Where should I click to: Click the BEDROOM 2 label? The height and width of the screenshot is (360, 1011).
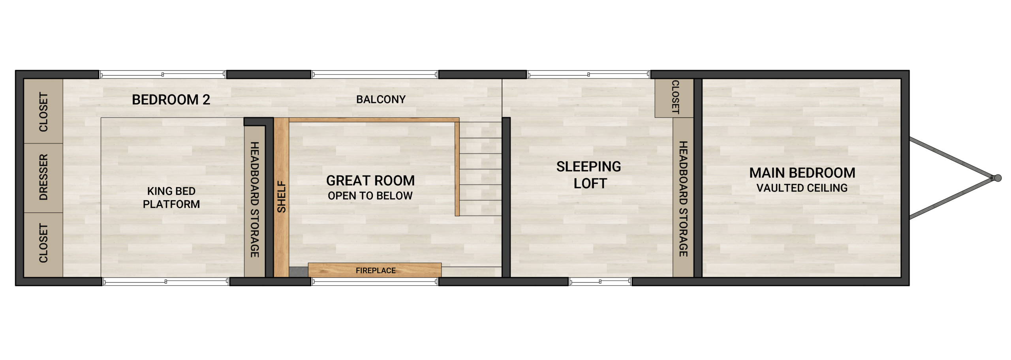click(x=171, y=99)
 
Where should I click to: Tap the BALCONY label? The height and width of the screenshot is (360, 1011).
click(x=381, y=99)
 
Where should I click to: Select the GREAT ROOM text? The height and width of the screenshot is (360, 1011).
click(x=370, y=181)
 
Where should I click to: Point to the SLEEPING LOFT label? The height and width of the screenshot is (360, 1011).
click(x=589, y=175)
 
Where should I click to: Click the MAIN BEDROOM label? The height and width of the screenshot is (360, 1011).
click(x=802, y=173)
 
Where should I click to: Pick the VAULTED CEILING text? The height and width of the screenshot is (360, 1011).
click(x=802, y=188)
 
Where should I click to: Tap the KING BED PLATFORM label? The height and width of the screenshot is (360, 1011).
click(x=171, y=197)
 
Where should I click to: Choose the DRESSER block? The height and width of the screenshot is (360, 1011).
click(x=43, y=178)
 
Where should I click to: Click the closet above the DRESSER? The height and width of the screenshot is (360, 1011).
click(x=43, y=111)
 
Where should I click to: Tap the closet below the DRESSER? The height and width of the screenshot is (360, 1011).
click(x=43, y=244)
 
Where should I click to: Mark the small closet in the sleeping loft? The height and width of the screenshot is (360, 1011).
click(x=674, y=98)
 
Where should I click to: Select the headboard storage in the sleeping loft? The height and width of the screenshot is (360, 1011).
click(x=683, y=197)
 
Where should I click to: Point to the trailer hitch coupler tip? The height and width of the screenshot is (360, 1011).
click(x=998, y=178)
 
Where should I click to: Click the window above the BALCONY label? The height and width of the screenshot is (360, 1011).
click(x=374, y=74)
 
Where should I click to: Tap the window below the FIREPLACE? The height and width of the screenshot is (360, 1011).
click(x=374, y=281)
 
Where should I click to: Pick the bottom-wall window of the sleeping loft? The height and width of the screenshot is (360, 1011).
click(x=600, y=281)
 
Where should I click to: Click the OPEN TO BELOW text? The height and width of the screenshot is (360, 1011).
click(x=370, y=196)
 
